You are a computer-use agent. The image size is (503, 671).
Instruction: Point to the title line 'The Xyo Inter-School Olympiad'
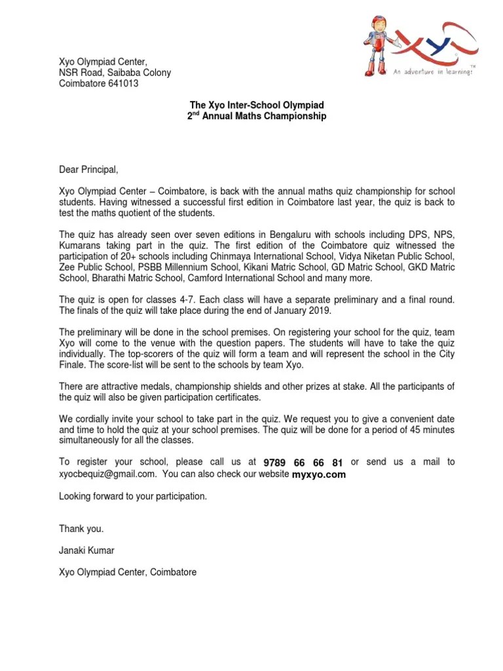click(x=257, y=105)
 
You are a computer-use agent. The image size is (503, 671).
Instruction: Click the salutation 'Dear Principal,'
click(x=89, y=170)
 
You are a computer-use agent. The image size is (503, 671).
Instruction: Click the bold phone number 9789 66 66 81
click(x=303, y=463)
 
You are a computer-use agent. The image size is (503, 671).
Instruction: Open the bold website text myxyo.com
click(x=318, y=474)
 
